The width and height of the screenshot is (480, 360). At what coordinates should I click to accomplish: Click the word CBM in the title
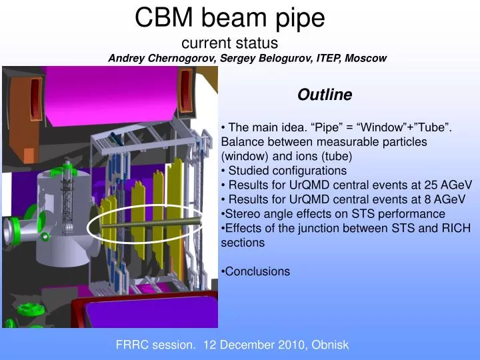coord(159,17)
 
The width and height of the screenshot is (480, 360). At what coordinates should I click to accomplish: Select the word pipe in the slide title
coord(299,17)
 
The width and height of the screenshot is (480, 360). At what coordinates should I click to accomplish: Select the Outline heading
coord(325,95)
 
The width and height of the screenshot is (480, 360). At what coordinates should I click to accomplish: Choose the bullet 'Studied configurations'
coord(287,171)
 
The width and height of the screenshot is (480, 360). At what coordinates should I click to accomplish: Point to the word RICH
coord(456,229)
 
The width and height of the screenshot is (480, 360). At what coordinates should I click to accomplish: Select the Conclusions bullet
coord(257,271)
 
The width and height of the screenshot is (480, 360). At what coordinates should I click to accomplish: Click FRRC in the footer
coord(131,345)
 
